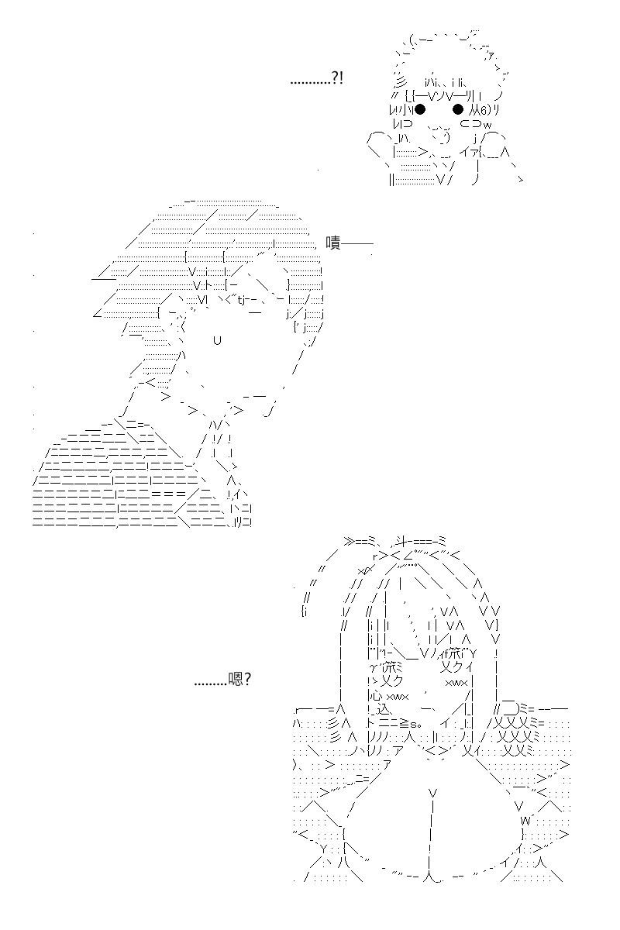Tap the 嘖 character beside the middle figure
click(x=333, y=243)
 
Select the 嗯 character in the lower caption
click(x=235, y=679)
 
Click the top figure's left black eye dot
click(x=420, y=109)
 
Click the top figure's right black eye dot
click(x=457, y=109)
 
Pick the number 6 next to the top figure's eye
click(x=483, y=110)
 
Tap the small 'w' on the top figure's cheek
click(x=487, y=125)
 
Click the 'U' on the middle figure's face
click(x=217, y=340)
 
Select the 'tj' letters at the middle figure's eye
click(x=241, y=300)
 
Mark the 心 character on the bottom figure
click(x=375, y=695)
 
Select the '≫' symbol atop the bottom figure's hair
click(x=350, y=541)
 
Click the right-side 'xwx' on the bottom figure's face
click(x=456, y=682)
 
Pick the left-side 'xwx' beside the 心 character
click(x=398, y=696)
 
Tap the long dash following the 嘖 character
click(x=356, y=243)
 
